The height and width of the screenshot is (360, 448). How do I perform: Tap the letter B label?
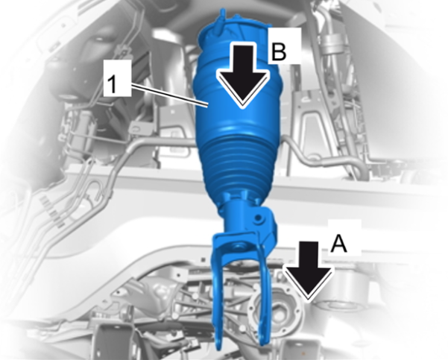(x=279, y=51)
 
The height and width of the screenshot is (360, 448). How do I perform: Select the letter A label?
(x=339, y=244)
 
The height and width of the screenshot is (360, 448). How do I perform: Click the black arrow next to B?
(x=242, y=75)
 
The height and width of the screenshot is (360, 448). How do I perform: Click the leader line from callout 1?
(x=170, y=95)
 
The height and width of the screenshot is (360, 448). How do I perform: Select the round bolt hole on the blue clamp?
(x=259, y=218)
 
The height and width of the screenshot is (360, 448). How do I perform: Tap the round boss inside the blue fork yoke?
(x=236, y=245)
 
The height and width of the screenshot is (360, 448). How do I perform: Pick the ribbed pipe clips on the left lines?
(x=52, y=209)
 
